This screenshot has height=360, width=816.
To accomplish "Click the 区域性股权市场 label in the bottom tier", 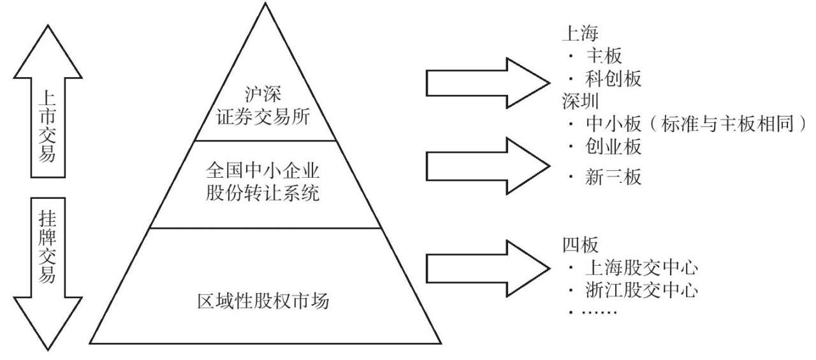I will pyautogui.click(x=264, y=300).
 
